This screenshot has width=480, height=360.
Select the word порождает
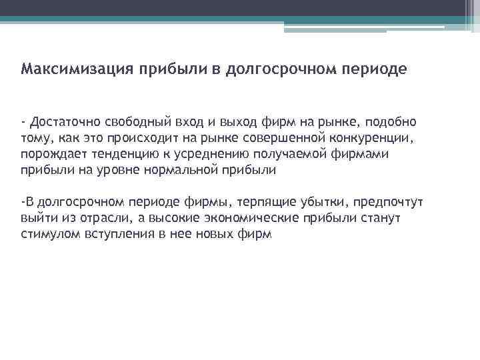(49, 154)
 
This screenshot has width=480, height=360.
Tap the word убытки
(322, 202)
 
